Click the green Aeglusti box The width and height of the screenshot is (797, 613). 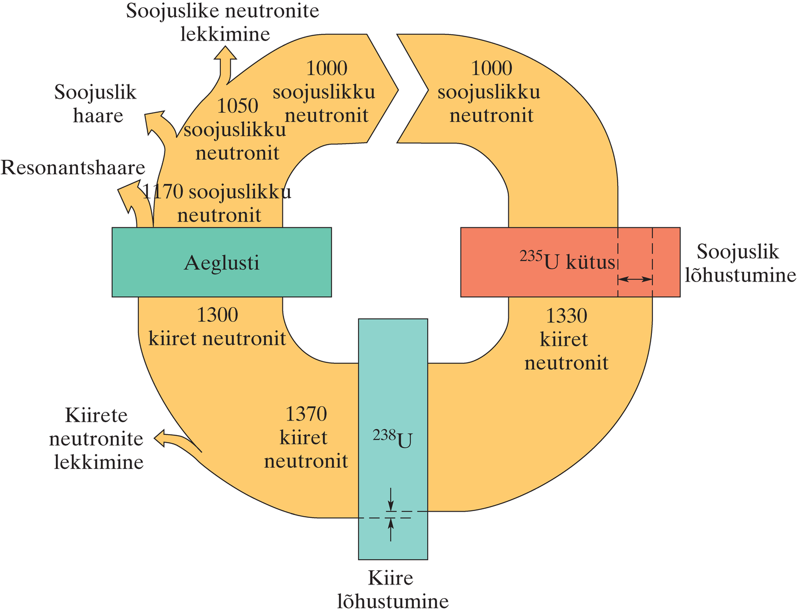coord(221,263)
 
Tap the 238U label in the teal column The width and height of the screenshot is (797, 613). coord(392,439)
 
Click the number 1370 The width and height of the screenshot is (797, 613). coord(306,414)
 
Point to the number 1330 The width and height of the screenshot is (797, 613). coord(566,316)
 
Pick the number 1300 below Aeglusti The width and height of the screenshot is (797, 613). coord(217,315)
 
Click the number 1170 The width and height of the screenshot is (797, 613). coord(163,192)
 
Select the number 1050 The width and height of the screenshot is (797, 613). coord(237,106)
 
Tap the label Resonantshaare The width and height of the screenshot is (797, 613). coord(73,168)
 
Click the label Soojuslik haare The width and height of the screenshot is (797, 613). coord(96,104)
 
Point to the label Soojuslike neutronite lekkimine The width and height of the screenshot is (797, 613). coord(223,22)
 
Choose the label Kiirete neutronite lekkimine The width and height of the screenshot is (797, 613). coord(96,438)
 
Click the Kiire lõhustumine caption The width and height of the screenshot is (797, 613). coord(392,590)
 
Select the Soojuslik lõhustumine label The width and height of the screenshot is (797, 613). coord(739,263)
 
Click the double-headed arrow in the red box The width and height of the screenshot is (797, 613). coord(635,279)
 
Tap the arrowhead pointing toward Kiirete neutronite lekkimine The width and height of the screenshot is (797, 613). coord(161,438)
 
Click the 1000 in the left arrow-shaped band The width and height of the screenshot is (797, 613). coord(327,68)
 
